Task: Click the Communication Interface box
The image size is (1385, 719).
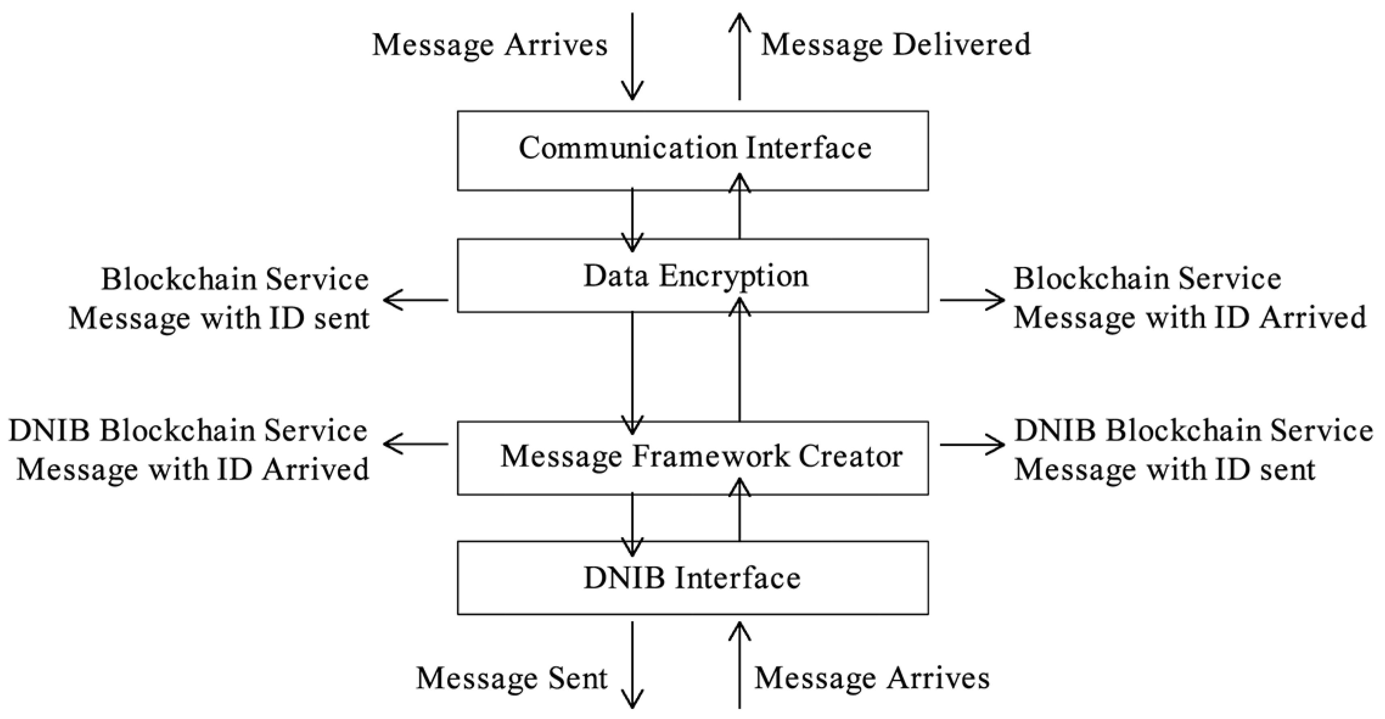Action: click(x=693, y=150)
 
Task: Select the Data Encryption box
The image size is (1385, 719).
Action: click(x=693, y=276)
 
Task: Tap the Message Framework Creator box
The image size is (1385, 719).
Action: click(x=693, y=458)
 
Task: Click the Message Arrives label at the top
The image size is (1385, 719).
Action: click(x=490, y=45)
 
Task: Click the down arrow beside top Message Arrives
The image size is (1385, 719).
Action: click(x=632, y=56)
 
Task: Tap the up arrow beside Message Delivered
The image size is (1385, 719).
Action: click(x=740, y=56)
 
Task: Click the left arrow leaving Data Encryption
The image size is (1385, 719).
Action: click(x=416, y=300)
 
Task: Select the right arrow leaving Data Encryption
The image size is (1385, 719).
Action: click(x=972, y=300)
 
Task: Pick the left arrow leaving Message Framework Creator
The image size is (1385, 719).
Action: click(x=416, y=444)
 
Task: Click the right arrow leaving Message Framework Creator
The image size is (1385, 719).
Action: click(x=972, y=444)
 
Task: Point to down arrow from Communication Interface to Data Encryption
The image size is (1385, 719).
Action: click(x=632, y=221)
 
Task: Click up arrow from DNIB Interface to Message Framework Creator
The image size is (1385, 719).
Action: click(x=740, y=511)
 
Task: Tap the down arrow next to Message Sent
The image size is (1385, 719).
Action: click(x=632, y=665)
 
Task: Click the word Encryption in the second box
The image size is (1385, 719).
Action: click(x=734, y=277)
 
